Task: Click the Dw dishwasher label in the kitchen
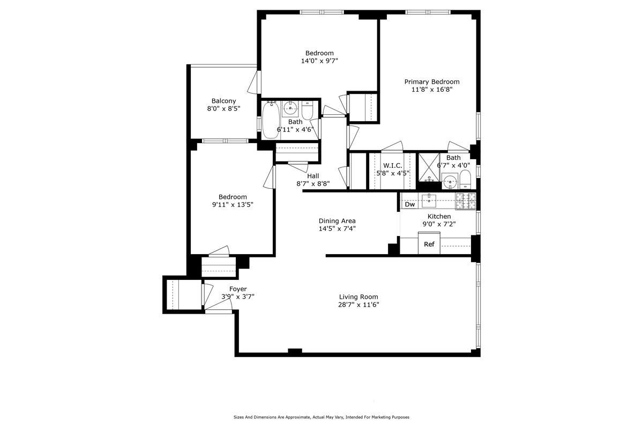pyautogui.click(x=410, y=204)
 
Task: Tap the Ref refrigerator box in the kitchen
pyautogui.click(x=429, y=244)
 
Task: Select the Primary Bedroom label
pyautogui.click(x=432, y=82)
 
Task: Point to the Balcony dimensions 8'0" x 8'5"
pyautogui.click(x=223, y=108)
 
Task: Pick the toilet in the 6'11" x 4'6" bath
pyautogui.click(x=308, y=112)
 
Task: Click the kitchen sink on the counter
pyautogui.click(x=429, y=201)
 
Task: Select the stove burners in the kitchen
pyautogui.click(x=466, y=201)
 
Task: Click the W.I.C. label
pyautogui.click(x=393, y=165)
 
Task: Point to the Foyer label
pyautogui.click(x=238, y=289)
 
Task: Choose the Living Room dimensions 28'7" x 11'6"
pyautogui.click(x=358, y=305)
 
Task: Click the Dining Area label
pyautogui.click(x=337, y=221)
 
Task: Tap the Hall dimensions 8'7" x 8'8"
pyautogui.click(x=313, y=183)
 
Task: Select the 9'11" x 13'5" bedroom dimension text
pyautogui.click(x=233, y=204)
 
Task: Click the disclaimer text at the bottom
pyautogui.click(x=322, y=417)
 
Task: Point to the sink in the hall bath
pyautogui.click(x=290, y=109)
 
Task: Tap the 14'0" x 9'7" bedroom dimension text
pyautogui.click(x=319, y=61)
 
